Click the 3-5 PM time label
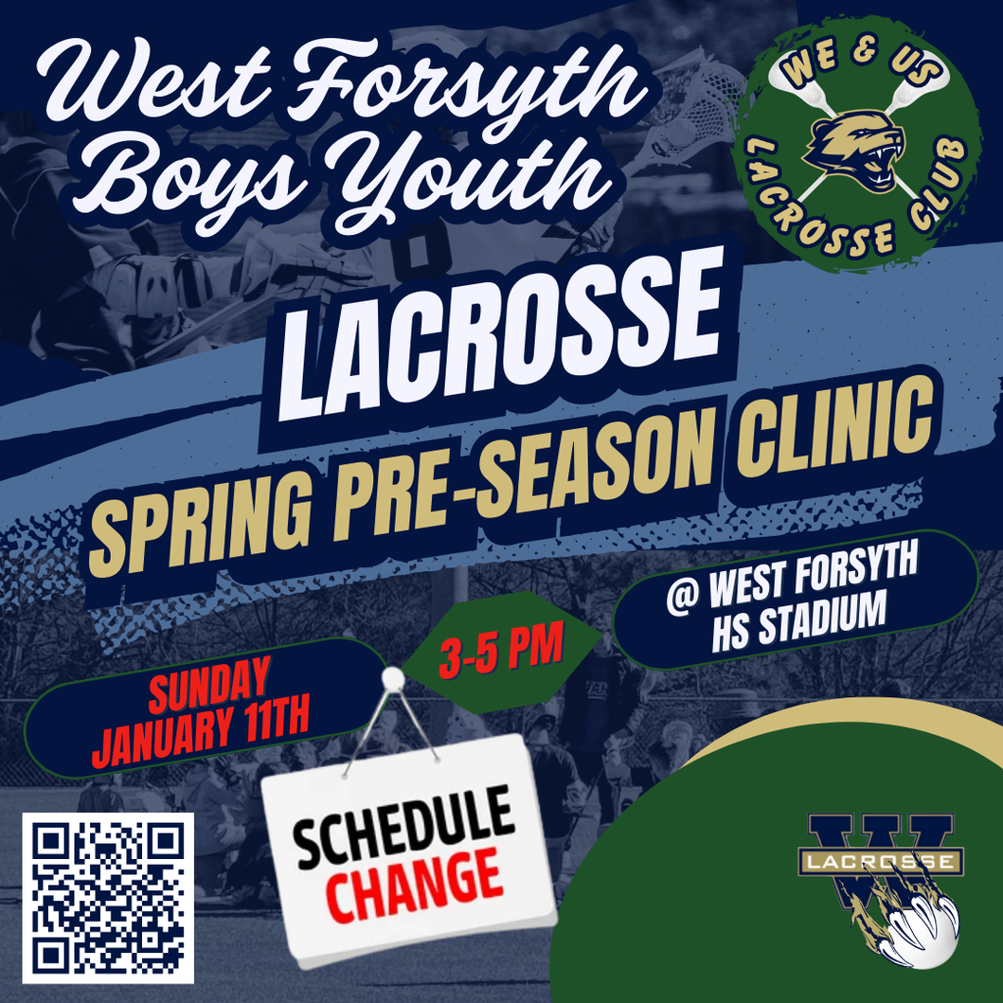point(501,649)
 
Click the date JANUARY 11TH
point(201,731)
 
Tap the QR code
point(108,898)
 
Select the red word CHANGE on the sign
point(414,884)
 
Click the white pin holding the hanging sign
point(393,679)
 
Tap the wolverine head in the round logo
point(854,150)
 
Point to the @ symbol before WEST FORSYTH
point(683,599)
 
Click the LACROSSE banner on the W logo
point(881,862)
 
